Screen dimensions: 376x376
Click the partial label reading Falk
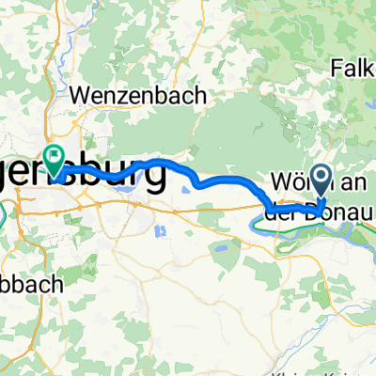tap(352, 68)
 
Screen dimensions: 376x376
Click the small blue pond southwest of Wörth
tap(218, 250)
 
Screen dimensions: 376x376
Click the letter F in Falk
tap(336, 68)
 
